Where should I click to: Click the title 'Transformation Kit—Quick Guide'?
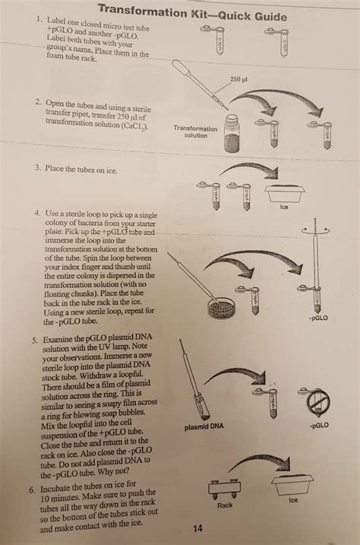click(180, 13)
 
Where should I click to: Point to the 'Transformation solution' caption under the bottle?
click(195, 132)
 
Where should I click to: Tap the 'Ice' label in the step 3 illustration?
click(283, 206)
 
